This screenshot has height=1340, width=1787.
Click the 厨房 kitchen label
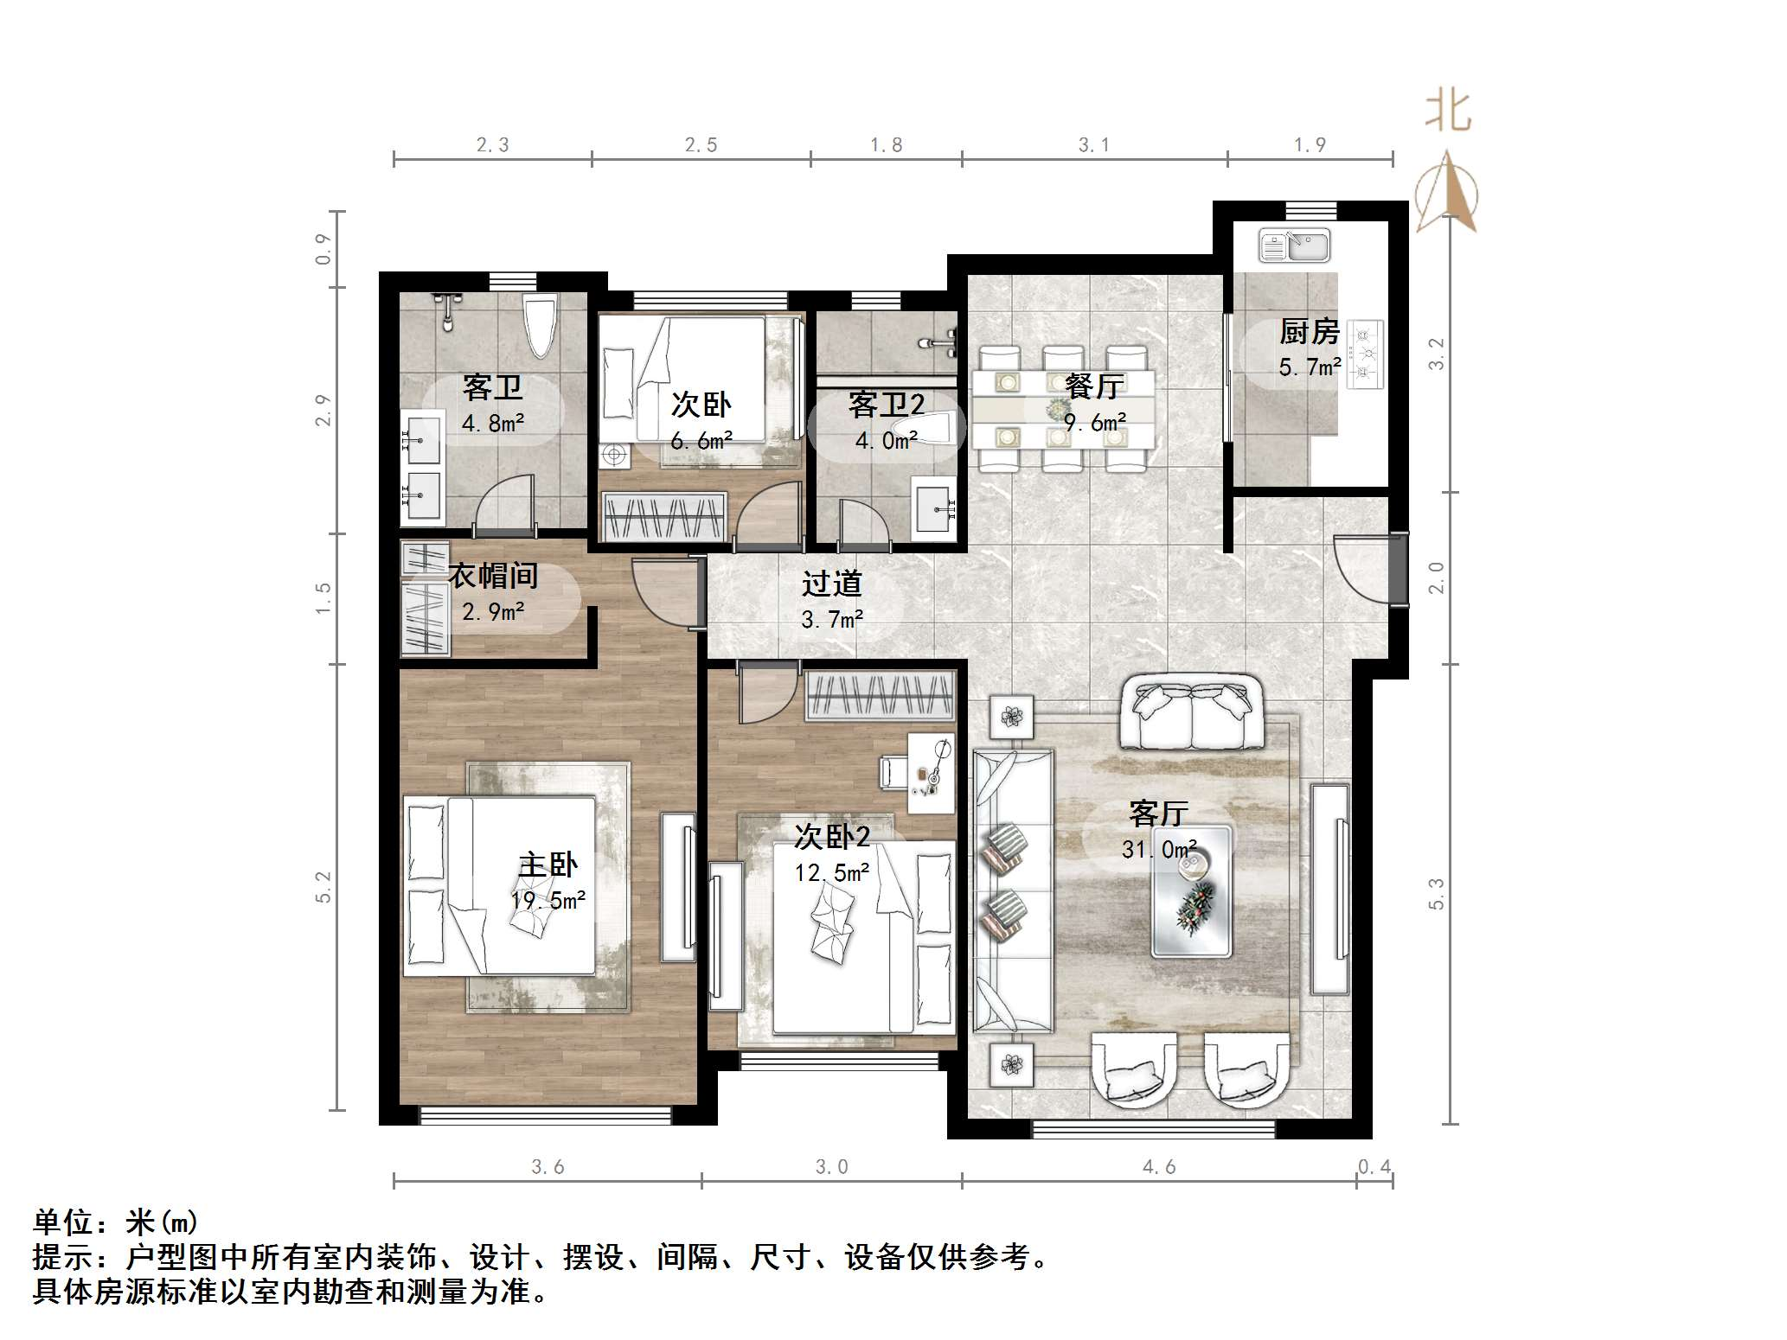1309,332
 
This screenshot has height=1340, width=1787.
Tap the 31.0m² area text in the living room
1159,850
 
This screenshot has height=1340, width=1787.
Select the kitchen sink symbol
1294,246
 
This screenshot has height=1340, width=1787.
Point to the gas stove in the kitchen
1367,354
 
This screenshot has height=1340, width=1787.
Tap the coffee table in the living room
1191,891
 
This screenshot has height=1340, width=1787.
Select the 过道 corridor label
831,584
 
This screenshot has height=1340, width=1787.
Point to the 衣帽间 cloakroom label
493,576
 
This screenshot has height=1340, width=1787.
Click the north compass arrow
1447,195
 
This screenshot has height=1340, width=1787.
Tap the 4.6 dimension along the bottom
1159,1167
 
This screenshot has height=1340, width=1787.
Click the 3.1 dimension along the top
1093,145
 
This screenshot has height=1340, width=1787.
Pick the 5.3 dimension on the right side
1437,893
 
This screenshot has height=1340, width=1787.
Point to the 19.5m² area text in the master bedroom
548,901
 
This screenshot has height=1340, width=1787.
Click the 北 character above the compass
1448,112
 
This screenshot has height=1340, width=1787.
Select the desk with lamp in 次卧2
930,773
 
